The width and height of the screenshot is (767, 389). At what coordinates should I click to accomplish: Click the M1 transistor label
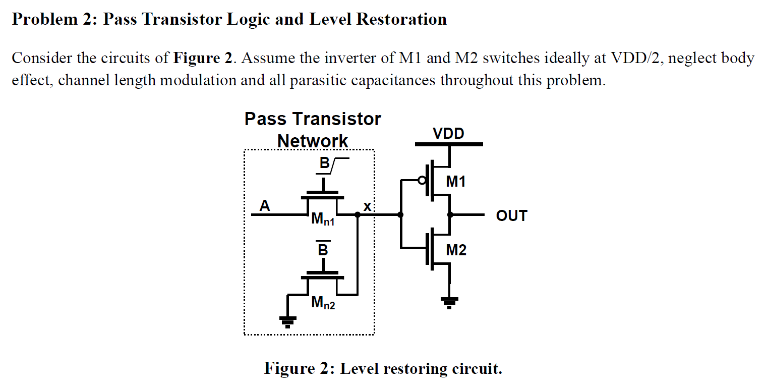(x=456, y=182)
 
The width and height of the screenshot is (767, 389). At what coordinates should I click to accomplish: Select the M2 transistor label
(x=456, y=250)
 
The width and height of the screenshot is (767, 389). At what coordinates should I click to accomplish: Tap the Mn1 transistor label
(x=323, y=219)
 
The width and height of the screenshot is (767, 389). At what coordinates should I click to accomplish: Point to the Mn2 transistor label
(x=323, y=303)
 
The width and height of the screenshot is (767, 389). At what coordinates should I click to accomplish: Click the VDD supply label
(x=448, y=134)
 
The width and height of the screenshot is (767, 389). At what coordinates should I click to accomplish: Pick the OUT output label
(x=511, y=216)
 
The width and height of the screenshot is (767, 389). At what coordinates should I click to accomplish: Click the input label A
(x=264, y=206)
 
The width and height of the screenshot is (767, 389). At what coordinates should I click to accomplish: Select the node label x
(x=367, y=206)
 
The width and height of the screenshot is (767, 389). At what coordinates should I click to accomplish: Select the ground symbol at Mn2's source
(x=288, y=321)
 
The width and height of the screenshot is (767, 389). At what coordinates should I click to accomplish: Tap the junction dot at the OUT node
(x=450, y=214)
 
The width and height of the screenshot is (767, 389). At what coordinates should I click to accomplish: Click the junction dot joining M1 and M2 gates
(x=401, y=214)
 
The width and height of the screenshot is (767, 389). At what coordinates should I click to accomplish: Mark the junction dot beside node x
(x=358, y=214)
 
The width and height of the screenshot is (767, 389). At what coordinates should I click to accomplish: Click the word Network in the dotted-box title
(x=313, y=141)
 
